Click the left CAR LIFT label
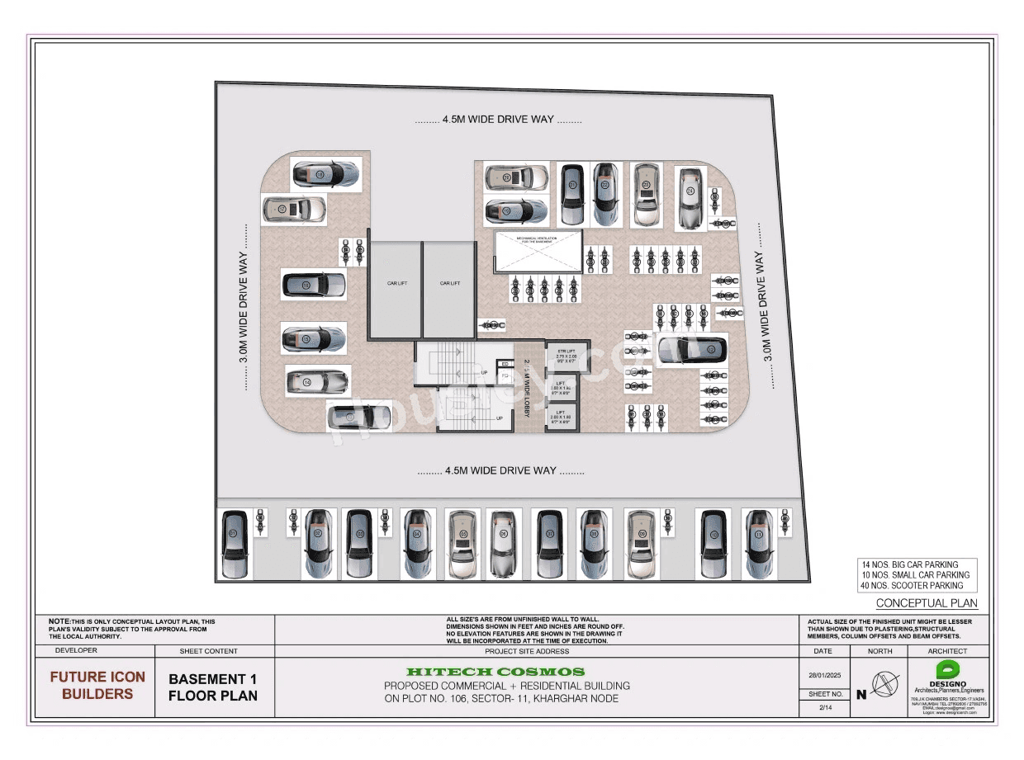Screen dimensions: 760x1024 click(396, 283)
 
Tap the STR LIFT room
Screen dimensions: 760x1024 click(566, 356)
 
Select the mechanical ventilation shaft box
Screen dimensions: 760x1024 click(538, 251)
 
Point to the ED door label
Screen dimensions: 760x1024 click(505, 364)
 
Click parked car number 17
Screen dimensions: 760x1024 click(294, 210)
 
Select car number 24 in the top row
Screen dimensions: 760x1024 click(690, 197)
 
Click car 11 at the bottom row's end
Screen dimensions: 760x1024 click(758, 544)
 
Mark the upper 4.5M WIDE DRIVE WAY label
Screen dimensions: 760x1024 click(498, 120)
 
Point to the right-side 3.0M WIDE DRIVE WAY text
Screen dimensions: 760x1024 click(767, 307)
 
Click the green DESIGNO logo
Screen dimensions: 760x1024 click(948, 671)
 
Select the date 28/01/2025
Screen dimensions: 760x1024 click(825, 676)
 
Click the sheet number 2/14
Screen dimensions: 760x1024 click(825, 707)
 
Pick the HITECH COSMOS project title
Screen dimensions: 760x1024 click(495, 672)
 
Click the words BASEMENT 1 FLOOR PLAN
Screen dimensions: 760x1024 click(213, 687)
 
